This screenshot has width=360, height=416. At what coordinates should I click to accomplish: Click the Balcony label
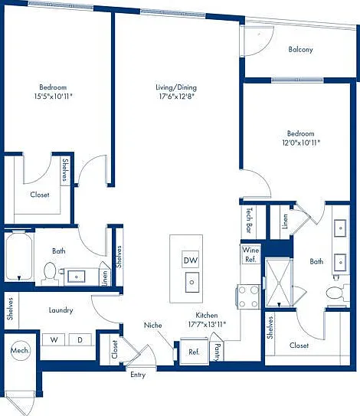pos(300,49)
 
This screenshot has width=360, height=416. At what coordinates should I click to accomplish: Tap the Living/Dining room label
pos(176,87)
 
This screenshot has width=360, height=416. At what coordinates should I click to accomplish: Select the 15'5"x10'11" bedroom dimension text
pos(53,96)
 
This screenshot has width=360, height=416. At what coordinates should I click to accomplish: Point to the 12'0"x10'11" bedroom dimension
pos(301,142)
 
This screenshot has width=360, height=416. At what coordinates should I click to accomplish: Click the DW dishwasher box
pos(191,260)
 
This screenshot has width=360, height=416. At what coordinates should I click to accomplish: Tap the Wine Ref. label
pos(250,254)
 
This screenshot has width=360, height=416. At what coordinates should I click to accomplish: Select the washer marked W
pos(54,339)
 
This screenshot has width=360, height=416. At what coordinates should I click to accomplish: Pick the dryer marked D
pos(80,339)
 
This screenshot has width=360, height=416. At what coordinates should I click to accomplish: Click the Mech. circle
pos(21,350)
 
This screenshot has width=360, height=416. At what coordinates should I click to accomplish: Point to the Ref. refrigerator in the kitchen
pos(194,352)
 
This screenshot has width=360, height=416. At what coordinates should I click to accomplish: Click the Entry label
pos(138,375)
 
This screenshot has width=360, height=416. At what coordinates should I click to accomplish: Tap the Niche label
pos(152,325)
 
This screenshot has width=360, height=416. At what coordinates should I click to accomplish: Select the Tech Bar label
pos(249,220)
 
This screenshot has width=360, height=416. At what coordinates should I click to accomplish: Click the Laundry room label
pos(61,310)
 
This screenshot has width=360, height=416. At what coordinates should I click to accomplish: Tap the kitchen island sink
pos(191,282)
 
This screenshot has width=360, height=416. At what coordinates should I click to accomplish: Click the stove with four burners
pos(249,296)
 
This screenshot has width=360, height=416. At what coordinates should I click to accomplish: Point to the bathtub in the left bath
pos(19,256)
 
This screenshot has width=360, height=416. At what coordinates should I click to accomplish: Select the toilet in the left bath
pos(50,271)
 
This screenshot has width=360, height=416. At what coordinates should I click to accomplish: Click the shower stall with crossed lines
pos(279,282)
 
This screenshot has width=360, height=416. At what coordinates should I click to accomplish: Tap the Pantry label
pos(218,352)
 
